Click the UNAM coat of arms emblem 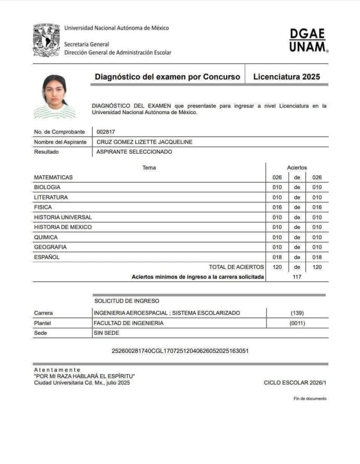(46, 40)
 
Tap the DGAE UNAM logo (308, 40)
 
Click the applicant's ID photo (55, 96)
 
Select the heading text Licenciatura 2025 (287, 77)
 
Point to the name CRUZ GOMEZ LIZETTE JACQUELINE (145, 142)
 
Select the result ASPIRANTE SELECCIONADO (134, 152)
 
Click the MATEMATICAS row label (53, 177)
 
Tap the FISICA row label (43, 207)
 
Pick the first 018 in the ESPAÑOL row (277, 257)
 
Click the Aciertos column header (297, 168)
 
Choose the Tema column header (149, 168)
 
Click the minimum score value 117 (297, 277)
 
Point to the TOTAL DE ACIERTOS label (236, 267)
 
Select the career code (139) (297, 313)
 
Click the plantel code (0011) (297, 323)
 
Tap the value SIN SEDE (106, 333)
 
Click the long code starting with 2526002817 (180, 351)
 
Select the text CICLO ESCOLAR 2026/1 (295, 383)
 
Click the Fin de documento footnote (310, 399)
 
